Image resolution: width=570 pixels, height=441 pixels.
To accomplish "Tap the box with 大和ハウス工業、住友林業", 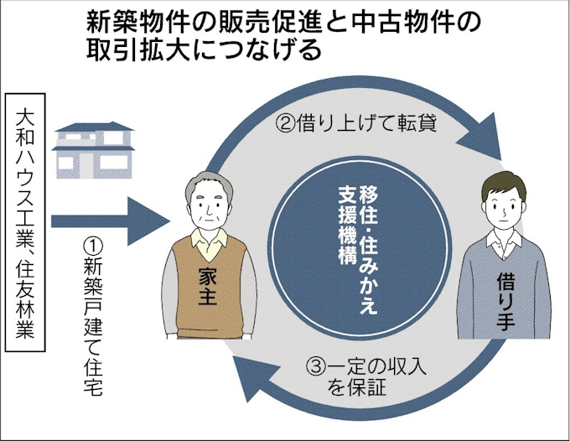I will click(x=24, y=226).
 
